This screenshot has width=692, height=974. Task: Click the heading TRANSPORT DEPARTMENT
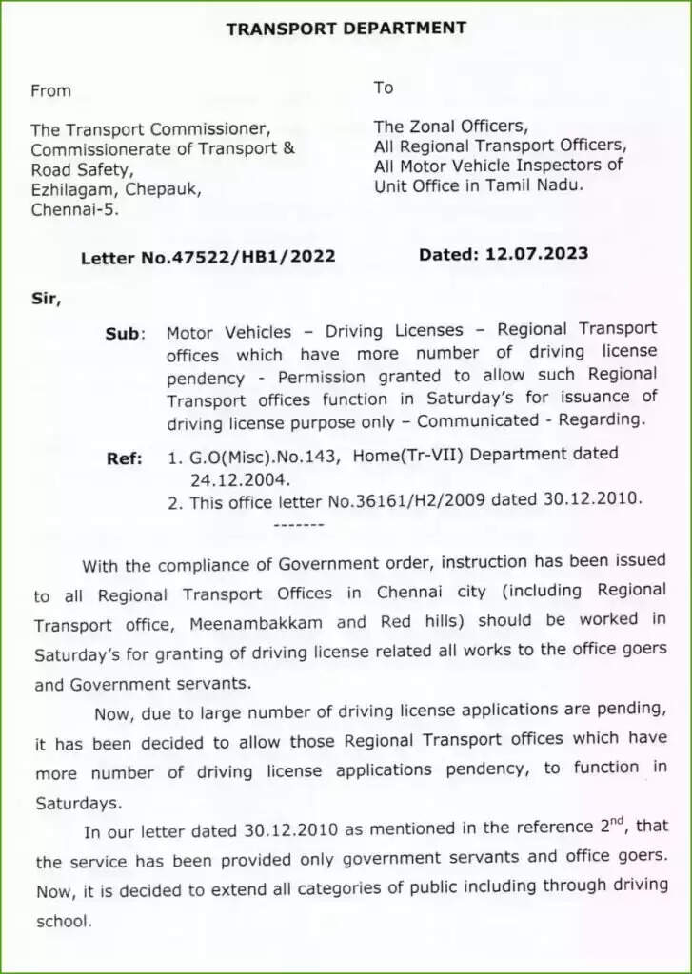click(346, 29)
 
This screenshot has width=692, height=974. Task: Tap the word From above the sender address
click(50, 91)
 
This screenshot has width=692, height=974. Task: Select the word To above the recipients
click(384, 88)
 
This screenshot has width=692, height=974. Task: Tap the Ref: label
click(125, 458)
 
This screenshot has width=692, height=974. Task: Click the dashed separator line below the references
click(298, 524)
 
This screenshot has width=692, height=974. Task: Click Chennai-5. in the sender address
click(75, 209)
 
